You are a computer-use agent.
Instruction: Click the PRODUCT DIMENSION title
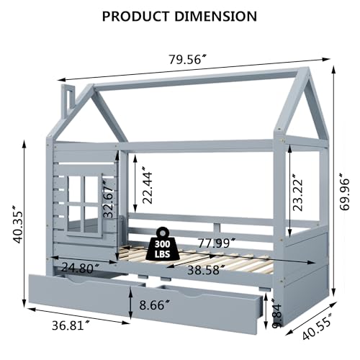click(179, 16)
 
